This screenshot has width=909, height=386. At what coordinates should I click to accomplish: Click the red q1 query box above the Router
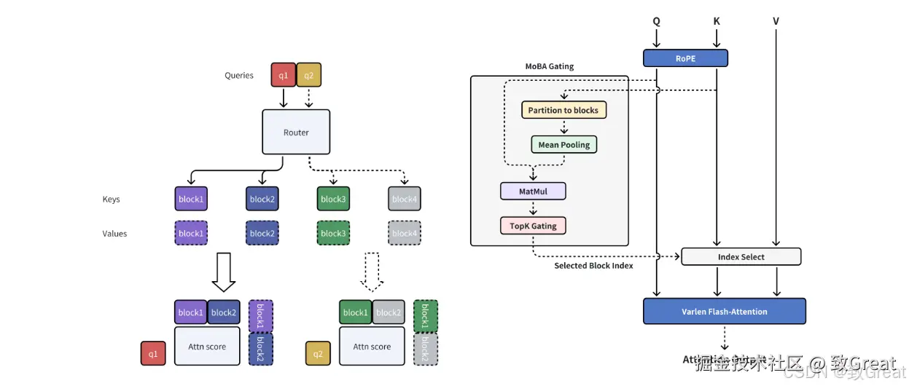click(283, 75)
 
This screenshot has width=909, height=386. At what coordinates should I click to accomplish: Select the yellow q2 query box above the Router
click(308, 75)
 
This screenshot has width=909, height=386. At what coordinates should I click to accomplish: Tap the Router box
click(296, 132)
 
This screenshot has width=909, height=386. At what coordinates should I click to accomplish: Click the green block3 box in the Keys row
click(333, 199)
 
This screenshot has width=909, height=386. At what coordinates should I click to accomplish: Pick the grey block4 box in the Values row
click(405, 233)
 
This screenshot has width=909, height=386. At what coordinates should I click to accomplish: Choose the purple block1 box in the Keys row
click(190, 199)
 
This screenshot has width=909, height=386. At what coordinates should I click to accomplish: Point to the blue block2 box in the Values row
click(262, 233)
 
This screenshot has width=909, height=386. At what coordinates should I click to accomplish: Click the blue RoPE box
click(685, 58)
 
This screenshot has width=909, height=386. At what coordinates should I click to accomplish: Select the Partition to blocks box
click(563, 110)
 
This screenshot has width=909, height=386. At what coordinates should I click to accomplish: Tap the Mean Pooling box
click(563, 144)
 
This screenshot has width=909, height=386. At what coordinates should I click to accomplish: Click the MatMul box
click(534, 191)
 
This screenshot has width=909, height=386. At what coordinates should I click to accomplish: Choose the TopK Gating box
click(533, 225)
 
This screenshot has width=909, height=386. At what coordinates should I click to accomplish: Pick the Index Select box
click(741, 256)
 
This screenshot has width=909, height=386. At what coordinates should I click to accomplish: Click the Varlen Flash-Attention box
click(725, 311)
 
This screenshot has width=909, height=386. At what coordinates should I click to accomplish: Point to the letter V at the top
click(776, 21)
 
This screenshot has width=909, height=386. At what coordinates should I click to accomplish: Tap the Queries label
click(239, 75)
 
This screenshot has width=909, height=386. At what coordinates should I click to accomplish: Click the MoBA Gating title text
click(550, 66)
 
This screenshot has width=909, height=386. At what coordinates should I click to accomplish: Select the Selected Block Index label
click(593, 266)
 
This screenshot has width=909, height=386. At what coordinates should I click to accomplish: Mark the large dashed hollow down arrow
click(372, 271)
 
